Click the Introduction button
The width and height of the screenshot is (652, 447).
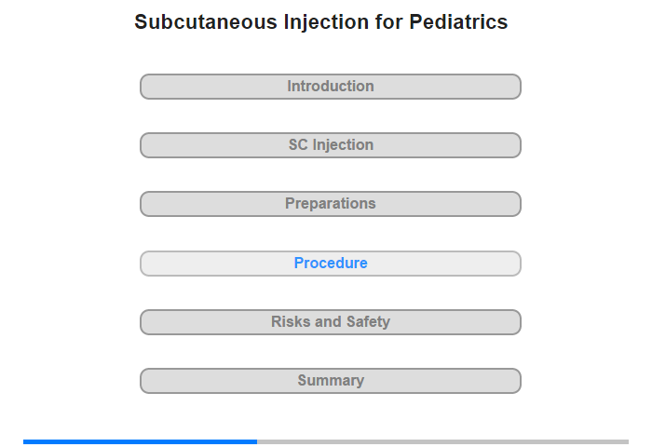[x=330, y=87]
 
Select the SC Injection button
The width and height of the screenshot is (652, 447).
[x=330, y=145]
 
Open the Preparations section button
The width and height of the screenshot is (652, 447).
[x=330, y=204]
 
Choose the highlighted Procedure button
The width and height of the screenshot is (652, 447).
[x=330, y=264]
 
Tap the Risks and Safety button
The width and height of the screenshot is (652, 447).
[x=330, y=322]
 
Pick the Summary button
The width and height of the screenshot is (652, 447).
[x=330, y=381]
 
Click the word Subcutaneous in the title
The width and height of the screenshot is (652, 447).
[x=206, y=21]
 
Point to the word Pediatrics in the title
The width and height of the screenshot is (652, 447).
[x=458, y=21]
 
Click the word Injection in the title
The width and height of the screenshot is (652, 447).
[x=326, y=22]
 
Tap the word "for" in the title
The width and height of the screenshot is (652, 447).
[x=388, y=21]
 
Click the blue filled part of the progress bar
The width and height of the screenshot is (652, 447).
[x=140, y=441]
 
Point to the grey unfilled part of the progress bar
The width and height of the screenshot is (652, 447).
[x=442, y=441]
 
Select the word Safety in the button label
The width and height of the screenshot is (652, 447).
[x=369, y=322]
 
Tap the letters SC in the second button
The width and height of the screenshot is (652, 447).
[x=298, y=144]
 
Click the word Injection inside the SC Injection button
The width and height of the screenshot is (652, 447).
[x=343, y=145]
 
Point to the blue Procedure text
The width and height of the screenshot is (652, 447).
[x=331, y=263]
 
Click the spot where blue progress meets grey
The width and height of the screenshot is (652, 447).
[x=257, y=441]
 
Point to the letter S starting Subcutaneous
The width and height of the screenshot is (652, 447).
[x=141, y=21]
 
